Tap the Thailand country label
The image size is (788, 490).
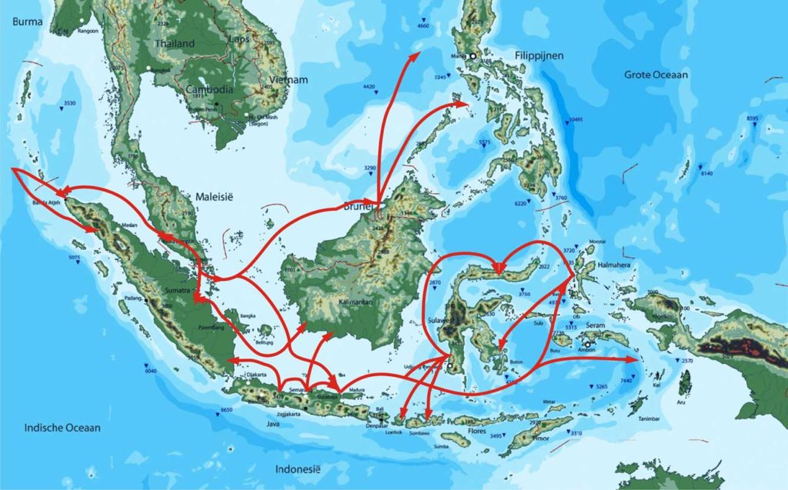[x=175, y=44]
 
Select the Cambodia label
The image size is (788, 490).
[x=209, y=89]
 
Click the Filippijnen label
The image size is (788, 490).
[x=539, y=56]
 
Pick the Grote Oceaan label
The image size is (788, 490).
[x=656, y=75]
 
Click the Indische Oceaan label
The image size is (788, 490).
[x=62, y=428]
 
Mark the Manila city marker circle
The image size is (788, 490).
[x=475, y=56]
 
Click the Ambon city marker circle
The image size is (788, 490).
[x=586, y=345]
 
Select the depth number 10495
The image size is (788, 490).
[x=576, y=119]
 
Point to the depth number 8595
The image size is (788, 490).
[x=752, y=118]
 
